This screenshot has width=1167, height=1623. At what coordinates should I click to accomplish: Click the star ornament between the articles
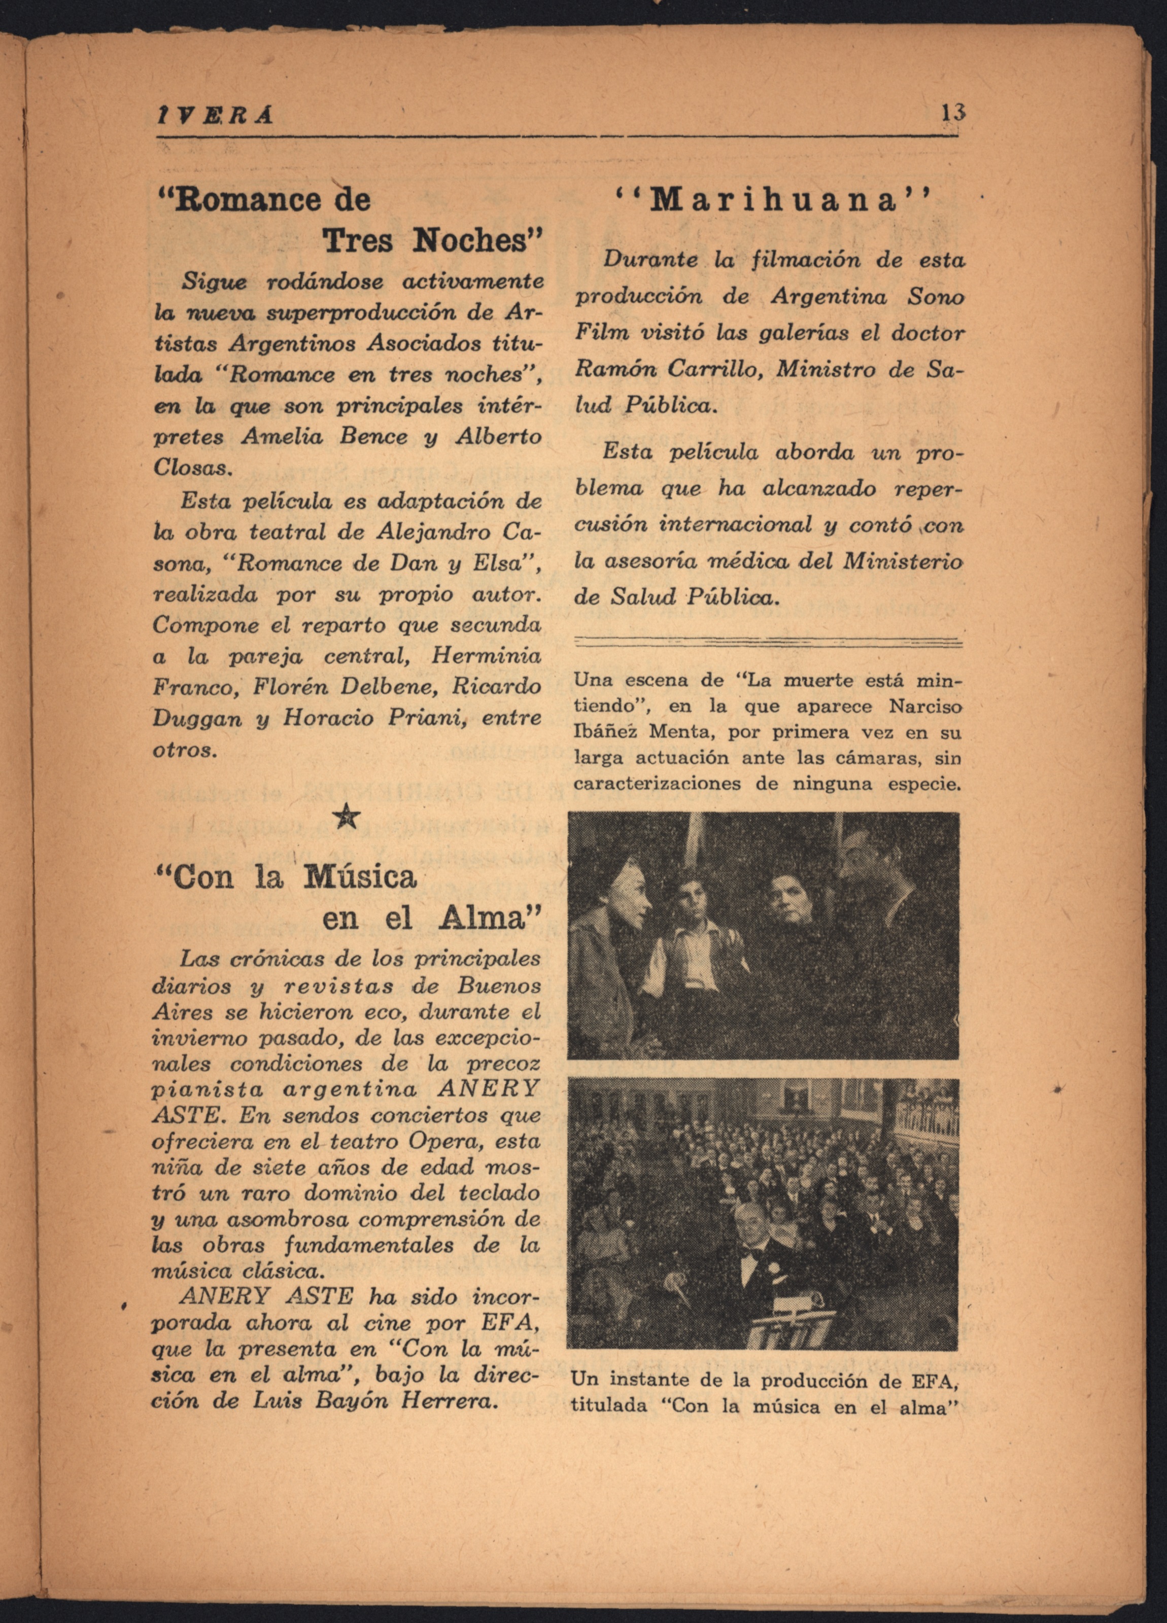tap(347, 815)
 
